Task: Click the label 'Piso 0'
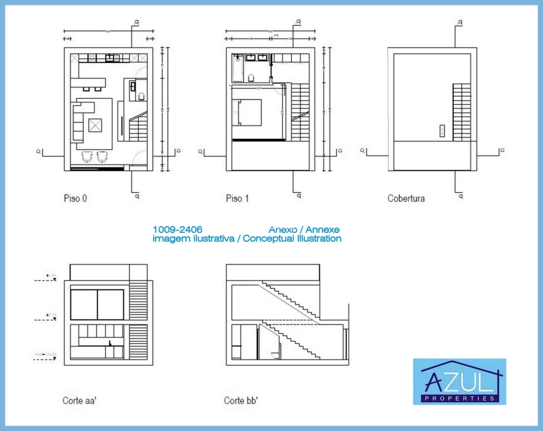click(x=75, y=198)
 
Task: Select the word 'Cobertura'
click(x=406, y=198)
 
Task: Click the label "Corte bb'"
click(x=241, y=400)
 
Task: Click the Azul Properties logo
click(x=459, y=381)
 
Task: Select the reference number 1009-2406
click(x=178, y=229)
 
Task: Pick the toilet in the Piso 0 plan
click(x=142, y=96)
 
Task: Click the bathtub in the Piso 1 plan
click(x=237, y=68)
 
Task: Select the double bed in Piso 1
click(x=248, y=112)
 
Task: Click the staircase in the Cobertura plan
click(x=461, y=112)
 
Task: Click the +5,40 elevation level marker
click(x=51, y=277)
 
